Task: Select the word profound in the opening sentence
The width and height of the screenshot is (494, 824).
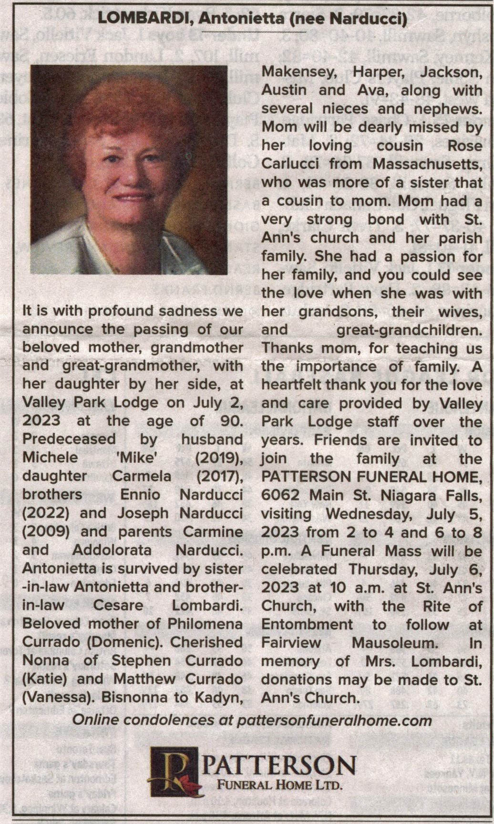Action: point(121,311)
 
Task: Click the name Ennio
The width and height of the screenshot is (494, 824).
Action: point(140,494)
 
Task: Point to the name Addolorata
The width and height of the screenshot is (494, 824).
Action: point(112,550)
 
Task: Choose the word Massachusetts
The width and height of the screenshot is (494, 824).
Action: point(428,163)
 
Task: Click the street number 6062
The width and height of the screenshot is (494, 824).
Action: point(280,496)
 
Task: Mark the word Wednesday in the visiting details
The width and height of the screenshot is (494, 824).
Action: point(367,514)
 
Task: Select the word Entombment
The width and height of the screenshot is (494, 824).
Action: point(307,624)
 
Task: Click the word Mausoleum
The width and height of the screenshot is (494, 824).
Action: point(394,642)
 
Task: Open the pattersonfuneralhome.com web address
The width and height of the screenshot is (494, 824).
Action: point(334,720)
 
